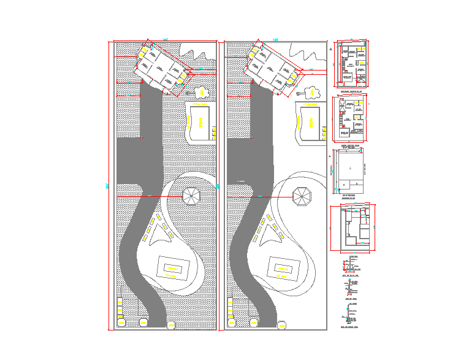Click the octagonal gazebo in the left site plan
[x=191, y=196]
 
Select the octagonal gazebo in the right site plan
[x=302, y=196]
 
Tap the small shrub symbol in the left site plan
[x=202, y=93]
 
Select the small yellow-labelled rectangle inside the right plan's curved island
[x=283, y=268]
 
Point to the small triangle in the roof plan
[x=350, y=167]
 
